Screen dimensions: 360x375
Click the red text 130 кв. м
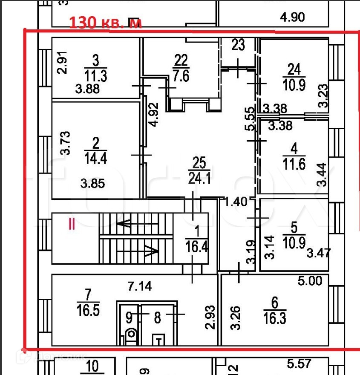[105, 22]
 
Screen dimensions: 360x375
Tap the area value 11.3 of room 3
[95, 76]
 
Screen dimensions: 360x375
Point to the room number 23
[238, 45]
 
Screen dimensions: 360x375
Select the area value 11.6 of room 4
[294, 164]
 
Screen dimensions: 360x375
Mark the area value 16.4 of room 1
[196, 247]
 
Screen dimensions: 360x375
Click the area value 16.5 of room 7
[88, 309]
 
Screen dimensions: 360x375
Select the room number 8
[157, 317]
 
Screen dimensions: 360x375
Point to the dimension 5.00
[313, 281]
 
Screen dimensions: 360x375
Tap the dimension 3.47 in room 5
[318, 254]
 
